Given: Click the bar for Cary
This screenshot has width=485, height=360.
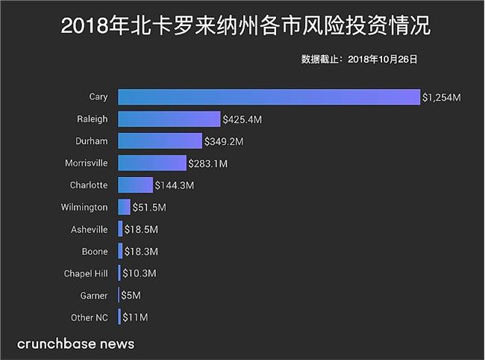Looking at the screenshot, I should pyautogui.click(x=269, y=97).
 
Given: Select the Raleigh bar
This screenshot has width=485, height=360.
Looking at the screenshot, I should pyautogui.click(x=169, y=119).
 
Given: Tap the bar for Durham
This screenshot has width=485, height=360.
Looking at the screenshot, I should pyautogui.click(x=160, y=140).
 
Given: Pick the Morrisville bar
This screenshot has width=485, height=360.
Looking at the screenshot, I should pyautogui.click(x=151, y=163).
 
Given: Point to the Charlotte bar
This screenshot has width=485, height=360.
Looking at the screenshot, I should pyautogui.click(x=135, y=184).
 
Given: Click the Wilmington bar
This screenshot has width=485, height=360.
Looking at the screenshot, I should pyautogui.click(x=124, y=207).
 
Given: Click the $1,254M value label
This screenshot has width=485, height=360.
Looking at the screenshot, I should pyautogui.click(x=441, y=97).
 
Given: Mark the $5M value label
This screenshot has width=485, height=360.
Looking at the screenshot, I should pyautogui.click(x=130, y=296).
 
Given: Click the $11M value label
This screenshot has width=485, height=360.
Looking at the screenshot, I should pyautogui.click(x=134, y=317).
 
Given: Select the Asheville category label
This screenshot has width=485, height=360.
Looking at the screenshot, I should pyautogui.click(x=90, y=229).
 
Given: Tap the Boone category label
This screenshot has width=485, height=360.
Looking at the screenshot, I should pyautogui.click(x=96, y=251).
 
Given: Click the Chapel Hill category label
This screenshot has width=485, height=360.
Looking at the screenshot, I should pyautogui.click(x=86, y=273).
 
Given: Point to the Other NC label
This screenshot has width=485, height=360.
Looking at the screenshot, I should pyautogui.click(x=90, y=317).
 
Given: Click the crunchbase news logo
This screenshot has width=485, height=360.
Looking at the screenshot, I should pyautogui.click(x=76, y=344).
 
